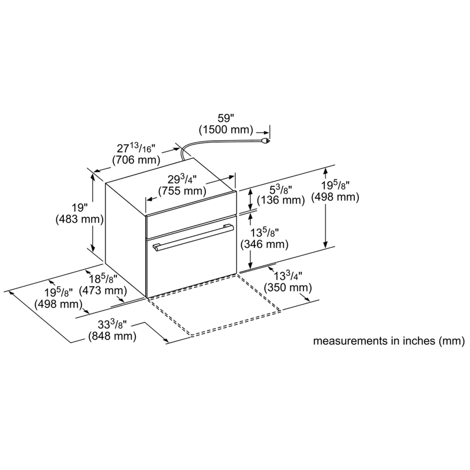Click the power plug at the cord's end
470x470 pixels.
pyautogui.click(x=265, y=141)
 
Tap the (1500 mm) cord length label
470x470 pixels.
pyautogui.click(x=226, y=129)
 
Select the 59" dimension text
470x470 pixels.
pyautogui.click(x=226, y=119)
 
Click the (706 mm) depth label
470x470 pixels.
pyautogui.click(x=136, y=160)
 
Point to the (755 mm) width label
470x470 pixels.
pyautogui.click(x=182, y=191)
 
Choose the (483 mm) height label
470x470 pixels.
pyautogui.click(x=80, y=219)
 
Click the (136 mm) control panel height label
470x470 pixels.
pyautogui.click(x=281, y=200)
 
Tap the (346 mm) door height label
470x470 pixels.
pyautogui.click(x=264, y=244)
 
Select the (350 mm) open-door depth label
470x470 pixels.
pyautogui.click(x=288, y=287)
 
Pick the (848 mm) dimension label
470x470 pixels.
pyautogui.click(x=112, y=336)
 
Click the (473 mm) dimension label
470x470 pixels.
pyautogui.click(x=103, y=290)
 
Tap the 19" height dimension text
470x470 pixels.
pyautogui.click(x=80, y=207)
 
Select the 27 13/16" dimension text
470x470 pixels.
pyautogui.click(x=136, y=148)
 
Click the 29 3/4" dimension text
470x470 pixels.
pyautogui.click(x=182, y=180)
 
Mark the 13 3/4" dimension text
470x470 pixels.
pyautogui.click(x=288, y=276)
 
